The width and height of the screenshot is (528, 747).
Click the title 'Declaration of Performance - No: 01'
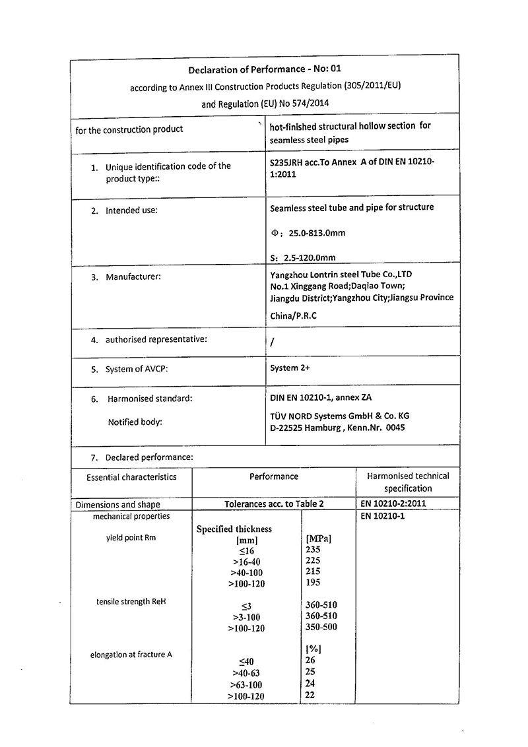click(265, 69)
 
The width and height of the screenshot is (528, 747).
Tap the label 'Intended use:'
click(131, 211)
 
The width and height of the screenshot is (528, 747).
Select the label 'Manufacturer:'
click(133, 277)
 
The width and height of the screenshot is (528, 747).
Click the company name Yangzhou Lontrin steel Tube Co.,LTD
click(341, 274)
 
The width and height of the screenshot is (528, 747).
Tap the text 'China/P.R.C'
click(294, 315)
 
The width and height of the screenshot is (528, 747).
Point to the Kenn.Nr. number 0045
click(394, 428)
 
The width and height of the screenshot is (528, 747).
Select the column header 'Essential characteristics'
click(131, 476)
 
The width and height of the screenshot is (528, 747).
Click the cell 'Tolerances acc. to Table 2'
click(274, 504)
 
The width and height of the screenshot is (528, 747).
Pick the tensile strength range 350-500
click(321, 627)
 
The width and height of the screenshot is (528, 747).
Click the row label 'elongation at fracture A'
click(131, 655)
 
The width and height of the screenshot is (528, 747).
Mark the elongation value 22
click(311, 696)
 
